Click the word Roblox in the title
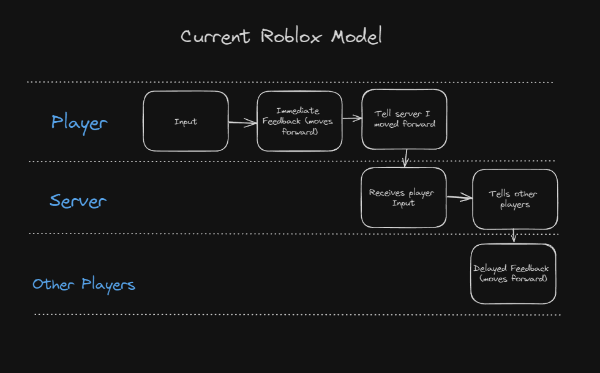point(291,37)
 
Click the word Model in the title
point(356,36)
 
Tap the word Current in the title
point(216,37)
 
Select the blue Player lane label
point(79,123)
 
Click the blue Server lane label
point(78,201)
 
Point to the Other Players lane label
point(84,285)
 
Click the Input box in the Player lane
point(186,121)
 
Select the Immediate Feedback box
point(299,121)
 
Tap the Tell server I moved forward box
point(405,119)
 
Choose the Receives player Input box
point(403,198)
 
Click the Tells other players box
point(515,199)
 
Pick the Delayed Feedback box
point(513,274)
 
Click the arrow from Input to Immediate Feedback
point(242,123)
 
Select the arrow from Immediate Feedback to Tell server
point(352,119)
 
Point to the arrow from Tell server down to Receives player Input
point(405,158)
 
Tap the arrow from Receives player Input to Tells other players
point(460,197)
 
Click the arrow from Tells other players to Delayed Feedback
point(514,236)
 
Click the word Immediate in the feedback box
point(298,111)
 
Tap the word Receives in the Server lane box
point(387,193)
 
